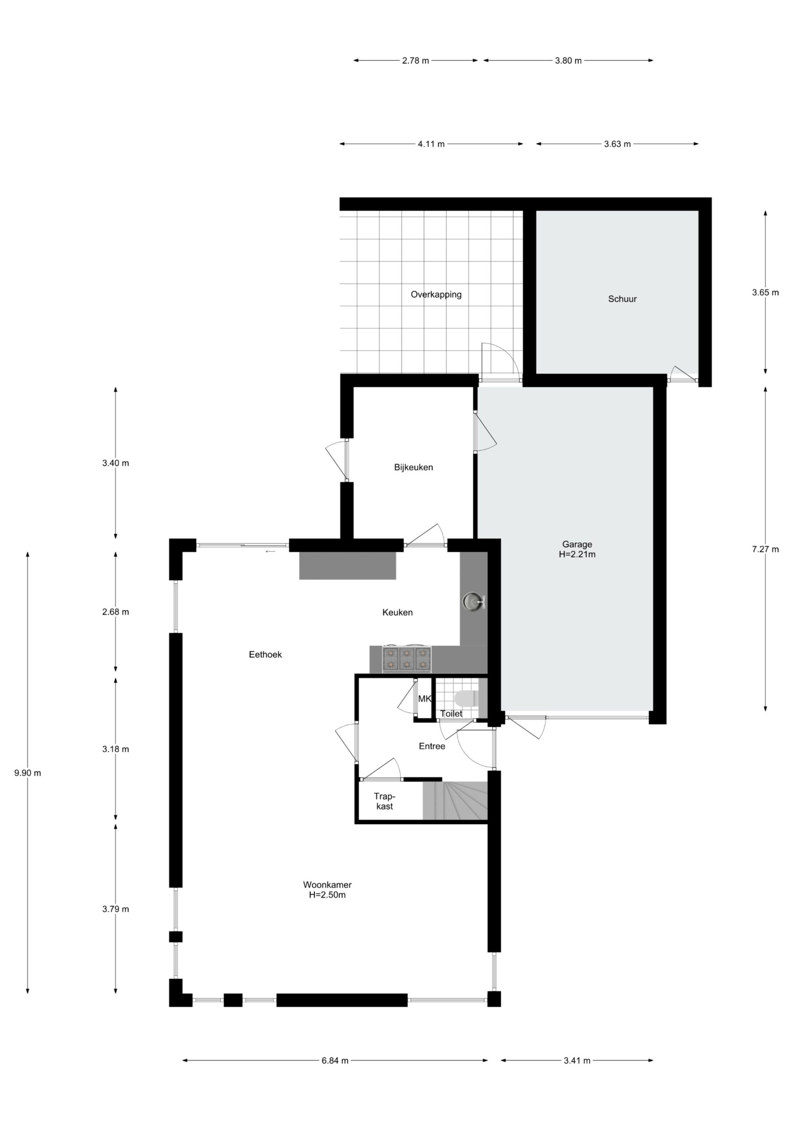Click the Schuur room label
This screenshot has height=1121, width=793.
tap(622, 299)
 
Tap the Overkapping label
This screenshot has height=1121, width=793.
tap(436, 294)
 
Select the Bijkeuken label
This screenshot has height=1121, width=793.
tap(413, 467)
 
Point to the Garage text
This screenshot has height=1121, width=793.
tap(577, 544)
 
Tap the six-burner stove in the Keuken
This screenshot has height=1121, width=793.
tap(407, 659)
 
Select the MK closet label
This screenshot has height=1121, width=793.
tap(425, 699)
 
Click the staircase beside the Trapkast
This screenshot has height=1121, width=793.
tap(455, 801)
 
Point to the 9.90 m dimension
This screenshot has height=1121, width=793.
tap(28, 773)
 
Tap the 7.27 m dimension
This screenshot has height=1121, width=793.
tap(765, 549)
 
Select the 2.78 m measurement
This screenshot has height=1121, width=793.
tap(416, 61)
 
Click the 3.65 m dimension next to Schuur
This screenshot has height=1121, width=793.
tap(765, 293)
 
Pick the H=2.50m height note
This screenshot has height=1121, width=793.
tap(327, 895)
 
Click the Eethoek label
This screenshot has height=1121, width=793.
tap(266, 655)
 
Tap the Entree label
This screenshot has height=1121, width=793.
tap(432, 746)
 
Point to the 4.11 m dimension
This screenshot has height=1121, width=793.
tap(432, 144)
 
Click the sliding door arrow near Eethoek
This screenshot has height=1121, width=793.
tap(270, 552)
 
